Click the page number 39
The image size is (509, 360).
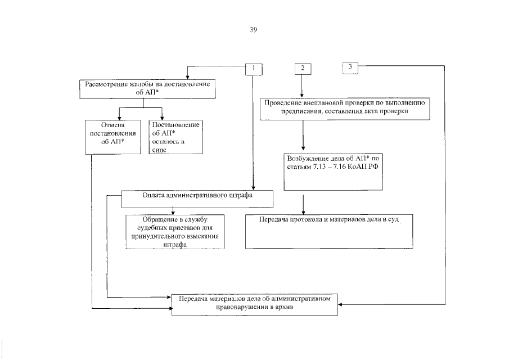pos(253,30)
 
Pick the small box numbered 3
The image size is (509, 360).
pos(351,67)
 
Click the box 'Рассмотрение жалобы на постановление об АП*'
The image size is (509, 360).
pos(147,88)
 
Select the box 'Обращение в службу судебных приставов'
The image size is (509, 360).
pos(174,231)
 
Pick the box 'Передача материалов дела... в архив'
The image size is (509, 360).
pos(255,303)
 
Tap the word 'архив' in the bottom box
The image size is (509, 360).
pos(282,308)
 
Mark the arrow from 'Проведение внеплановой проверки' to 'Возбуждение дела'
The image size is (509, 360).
pos(304,135)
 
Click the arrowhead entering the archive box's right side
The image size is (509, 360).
pos(342,304)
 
